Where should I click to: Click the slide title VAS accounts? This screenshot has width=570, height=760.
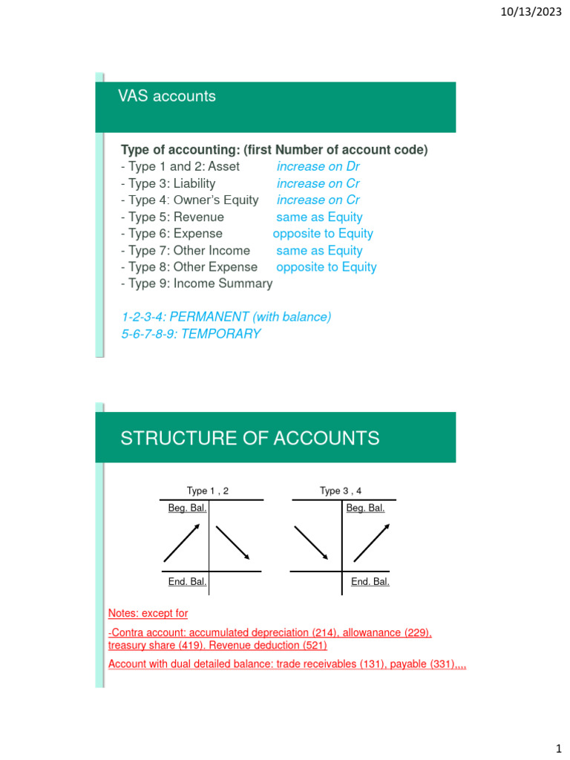pos(167,96)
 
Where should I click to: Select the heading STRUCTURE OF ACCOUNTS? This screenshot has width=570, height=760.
pos(249,438)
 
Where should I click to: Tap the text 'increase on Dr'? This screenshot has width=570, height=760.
pos(318,166)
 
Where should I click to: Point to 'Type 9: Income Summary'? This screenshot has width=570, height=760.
pos(197,284)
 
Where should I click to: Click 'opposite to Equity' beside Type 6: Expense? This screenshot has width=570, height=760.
pos(323,234)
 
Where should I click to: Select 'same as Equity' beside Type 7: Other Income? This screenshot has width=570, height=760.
pos(319,251)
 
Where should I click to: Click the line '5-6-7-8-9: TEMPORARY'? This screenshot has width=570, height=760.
pos(191,334)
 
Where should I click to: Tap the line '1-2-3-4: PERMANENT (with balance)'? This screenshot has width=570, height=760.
pos(226,317)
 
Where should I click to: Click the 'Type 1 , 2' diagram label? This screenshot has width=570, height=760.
pos(208,491)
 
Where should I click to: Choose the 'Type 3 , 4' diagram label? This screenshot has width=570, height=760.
pos(341,491)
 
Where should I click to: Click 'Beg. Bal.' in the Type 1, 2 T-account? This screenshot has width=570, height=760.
pos(187,508)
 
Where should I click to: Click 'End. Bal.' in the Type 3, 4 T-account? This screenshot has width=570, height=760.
pos(370,582)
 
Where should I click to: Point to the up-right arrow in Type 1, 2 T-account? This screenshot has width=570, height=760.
pos(181,543)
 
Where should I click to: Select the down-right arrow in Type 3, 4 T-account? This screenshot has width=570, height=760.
pos(312,543)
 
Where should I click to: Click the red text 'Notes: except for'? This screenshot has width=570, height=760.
pos(148,614)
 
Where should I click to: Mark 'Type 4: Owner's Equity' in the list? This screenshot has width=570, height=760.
pos(189,200)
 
